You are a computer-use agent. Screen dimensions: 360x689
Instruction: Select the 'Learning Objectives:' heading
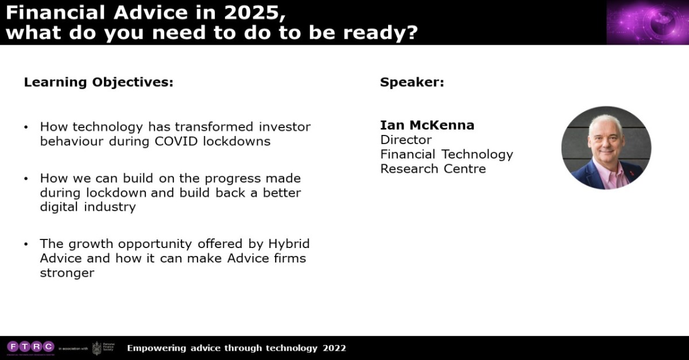(98, 82)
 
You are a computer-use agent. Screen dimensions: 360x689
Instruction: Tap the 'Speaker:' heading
(412, 82)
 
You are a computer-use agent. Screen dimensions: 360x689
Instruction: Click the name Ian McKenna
(427, 125)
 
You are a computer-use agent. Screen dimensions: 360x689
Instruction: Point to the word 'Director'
(406, 140)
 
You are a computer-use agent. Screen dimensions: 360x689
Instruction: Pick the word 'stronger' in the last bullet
(67, 273)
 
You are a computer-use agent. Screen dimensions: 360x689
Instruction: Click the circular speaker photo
(606, 148)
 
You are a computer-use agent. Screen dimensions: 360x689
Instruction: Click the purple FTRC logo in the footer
(30, 346)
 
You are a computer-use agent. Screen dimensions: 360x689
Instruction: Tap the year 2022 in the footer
(334, 348)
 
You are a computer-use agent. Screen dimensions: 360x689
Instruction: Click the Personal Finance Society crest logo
(97, 348)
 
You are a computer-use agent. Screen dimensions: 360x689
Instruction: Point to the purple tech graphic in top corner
(647, 22)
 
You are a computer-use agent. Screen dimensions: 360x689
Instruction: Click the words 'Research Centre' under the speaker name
(433, 169)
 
